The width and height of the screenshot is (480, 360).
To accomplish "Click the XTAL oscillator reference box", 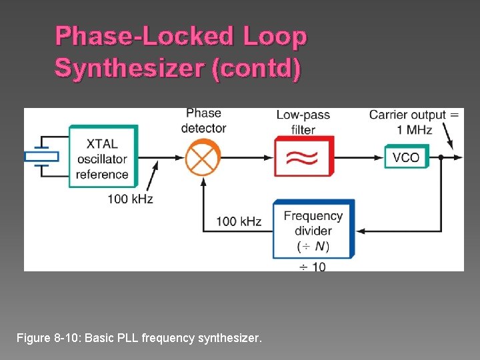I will click(103, 159).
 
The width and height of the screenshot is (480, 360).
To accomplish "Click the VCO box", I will click(405, 157).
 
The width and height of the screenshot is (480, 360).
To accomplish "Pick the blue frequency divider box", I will click(313, 230).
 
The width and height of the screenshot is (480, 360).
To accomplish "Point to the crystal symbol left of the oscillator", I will click(41, 157).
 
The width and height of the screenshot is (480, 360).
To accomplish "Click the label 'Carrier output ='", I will click(413, 115).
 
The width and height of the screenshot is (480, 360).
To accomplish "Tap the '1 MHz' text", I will click(414, 130).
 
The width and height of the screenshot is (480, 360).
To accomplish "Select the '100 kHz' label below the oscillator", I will click(130, 199).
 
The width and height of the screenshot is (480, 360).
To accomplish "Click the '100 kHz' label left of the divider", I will click(239, 221).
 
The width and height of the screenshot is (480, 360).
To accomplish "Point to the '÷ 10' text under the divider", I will click(312, 267).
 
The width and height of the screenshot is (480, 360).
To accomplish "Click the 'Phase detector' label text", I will click(203, 121).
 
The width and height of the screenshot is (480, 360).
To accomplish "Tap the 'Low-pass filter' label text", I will click(303, 122).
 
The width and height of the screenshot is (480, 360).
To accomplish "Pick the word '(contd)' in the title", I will click(256, 68).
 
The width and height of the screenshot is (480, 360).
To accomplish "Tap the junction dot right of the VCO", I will click(440, 158).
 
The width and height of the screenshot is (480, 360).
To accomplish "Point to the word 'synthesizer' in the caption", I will click(231, 339).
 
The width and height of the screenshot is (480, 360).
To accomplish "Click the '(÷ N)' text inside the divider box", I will click(313, 246).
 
